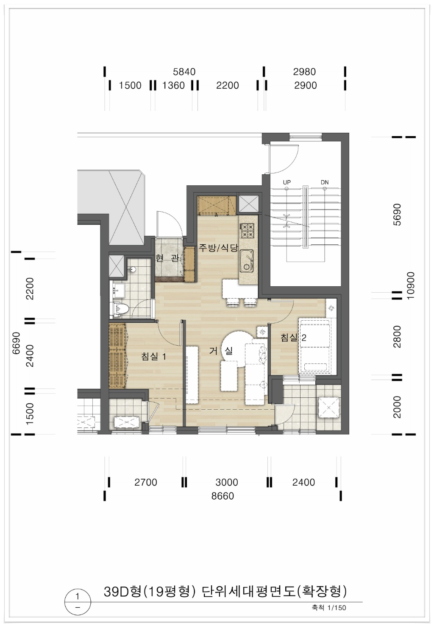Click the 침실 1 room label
(153, 357)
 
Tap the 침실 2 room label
(293, 338)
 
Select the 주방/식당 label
(218, 248)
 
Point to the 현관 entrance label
(167, 259)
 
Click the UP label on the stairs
(287, 182)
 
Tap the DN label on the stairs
(325, 182)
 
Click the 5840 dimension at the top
(184, 72)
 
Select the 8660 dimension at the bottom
(223, 496)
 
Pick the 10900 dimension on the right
(411, 285)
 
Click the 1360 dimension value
(173, 85)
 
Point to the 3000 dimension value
(226, 482)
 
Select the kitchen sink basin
(247, 260)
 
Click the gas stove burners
(247, 230)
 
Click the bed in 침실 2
(314, 346)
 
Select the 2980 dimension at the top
(304, 72)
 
